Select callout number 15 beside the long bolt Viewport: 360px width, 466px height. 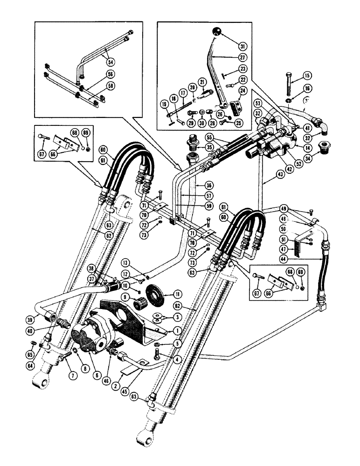[x=307, y=75]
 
